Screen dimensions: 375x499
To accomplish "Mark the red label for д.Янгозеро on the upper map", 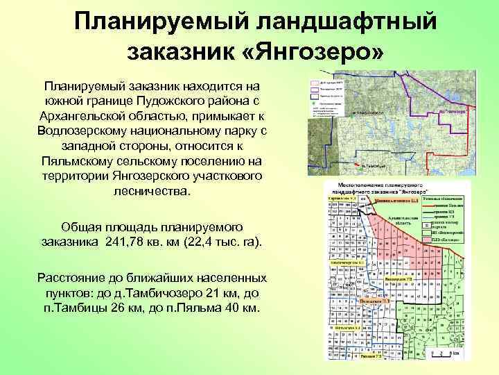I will (451, 110).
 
